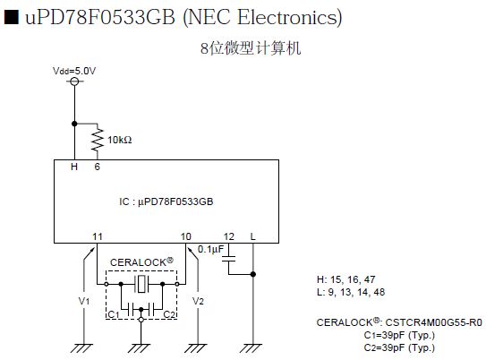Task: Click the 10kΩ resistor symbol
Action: click(98, 140)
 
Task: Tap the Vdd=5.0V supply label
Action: click(74, 71)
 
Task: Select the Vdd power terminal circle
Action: click(74, 81)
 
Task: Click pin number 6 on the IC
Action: click(98, 167)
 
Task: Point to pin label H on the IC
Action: click(74, 167)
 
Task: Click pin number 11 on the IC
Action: click(98, 236)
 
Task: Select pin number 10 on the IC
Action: click(185, 236)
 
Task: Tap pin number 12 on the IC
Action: click(229, 236)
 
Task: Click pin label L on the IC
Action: click(253, 236)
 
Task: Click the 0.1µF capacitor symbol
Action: click(229, 259)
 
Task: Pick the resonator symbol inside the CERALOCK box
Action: click(141, 284)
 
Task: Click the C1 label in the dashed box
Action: click(114, 314)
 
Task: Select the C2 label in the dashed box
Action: click(169, 314)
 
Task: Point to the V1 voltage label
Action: click(84, 301)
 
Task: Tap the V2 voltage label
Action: click(198, 301)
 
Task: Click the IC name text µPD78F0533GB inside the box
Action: click(175, 201)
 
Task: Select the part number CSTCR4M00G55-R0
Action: click(433, 322)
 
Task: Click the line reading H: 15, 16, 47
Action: click(345, 279)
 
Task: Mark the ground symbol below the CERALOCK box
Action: click(141, 348)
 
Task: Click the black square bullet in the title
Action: click(12, 17)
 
